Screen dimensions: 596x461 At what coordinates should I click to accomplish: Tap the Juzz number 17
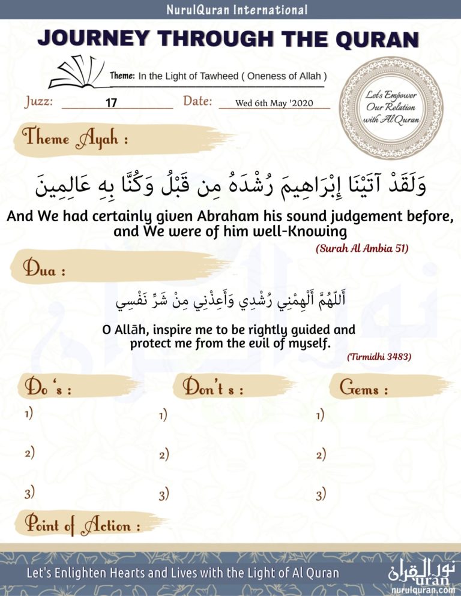pos(111,103)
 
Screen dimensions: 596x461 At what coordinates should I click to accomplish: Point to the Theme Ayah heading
pos(75,140)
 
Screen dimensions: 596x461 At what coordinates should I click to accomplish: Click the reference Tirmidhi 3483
pos(379,357)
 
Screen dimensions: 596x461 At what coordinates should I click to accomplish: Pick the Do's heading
pos(48,387)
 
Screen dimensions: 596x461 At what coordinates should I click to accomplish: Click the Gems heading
pos(364,388)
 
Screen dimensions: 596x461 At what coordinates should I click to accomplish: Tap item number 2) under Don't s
pos(163,455)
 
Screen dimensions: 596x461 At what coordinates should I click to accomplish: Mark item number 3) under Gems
pos(321,495)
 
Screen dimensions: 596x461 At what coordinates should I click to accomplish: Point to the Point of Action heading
pos(82,526)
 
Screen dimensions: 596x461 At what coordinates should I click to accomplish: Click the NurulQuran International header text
pos(230,10)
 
